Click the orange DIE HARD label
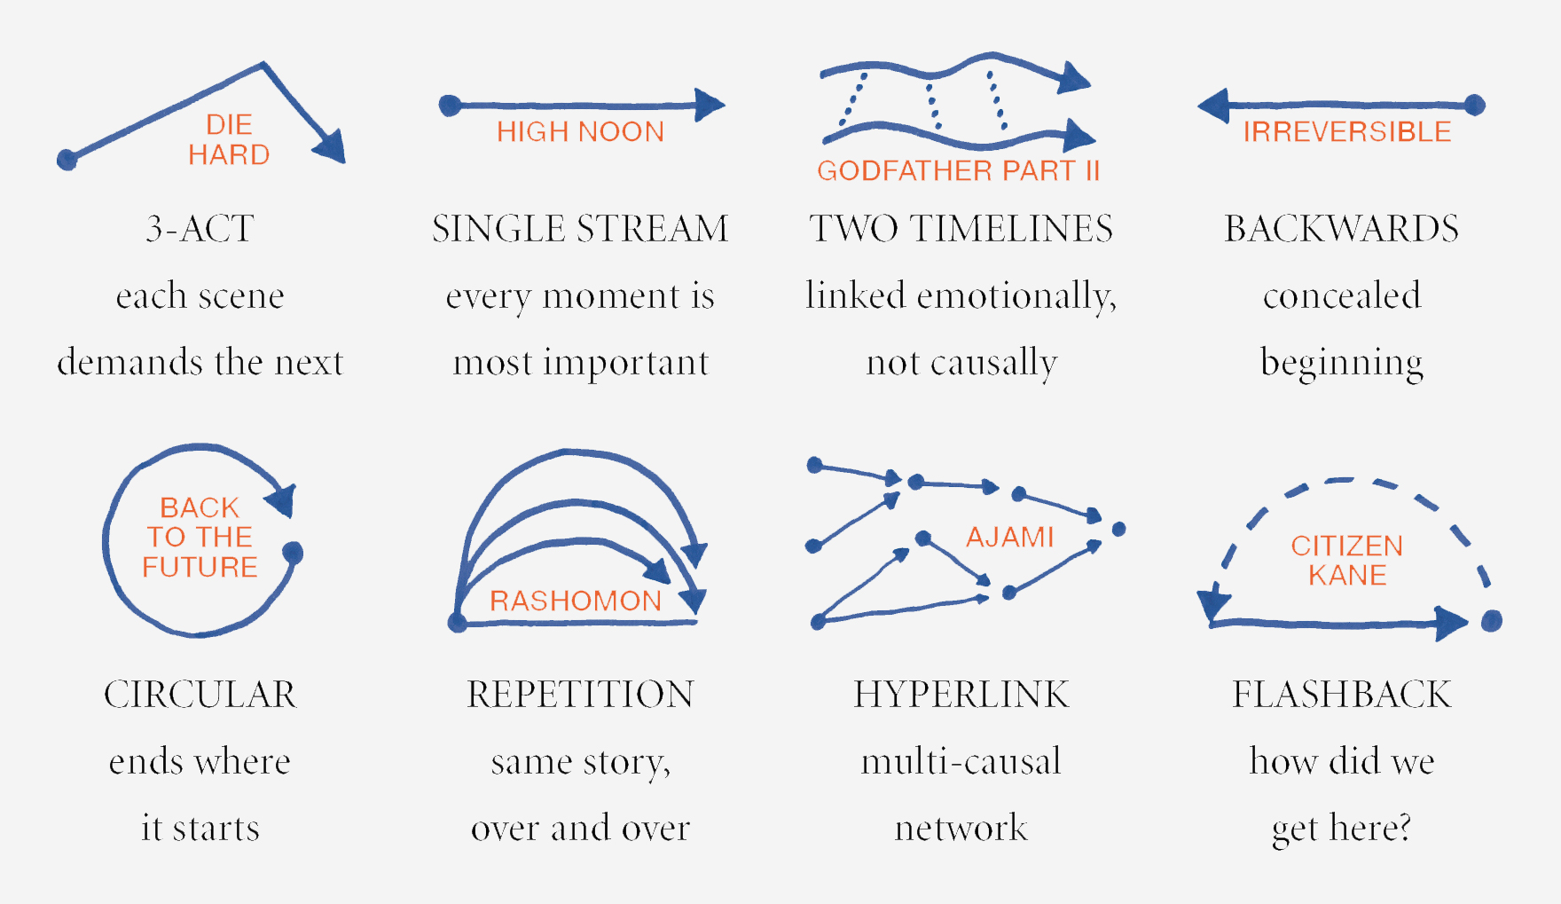pyautogui.click(x=229, y=139)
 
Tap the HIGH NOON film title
pyautogui.click(x=580, y=132)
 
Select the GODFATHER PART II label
pyautogui.click(x=958, y=170)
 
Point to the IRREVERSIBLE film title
pyautogui.click(x=1346, y=132)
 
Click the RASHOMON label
pyautogui.click(x=576, y=601)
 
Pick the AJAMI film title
pyautogui.click(x=1009, y=537)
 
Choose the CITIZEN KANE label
pyautogui.click(x=1346, y=560)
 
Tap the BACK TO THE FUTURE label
pyautogui.click(x=200, y=537)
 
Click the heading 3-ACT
pyautogui.click(x=200, y=229)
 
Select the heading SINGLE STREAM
pyautogui.click(x=580, y=229)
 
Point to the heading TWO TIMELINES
pyautogui.click(x=961, y=229)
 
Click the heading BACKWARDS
pyautogui.click(x=1341, y=229)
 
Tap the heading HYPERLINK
pyautogui.click(x=961, y=694)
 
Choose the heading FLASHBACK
pyautogui.click(x=1341, y=694)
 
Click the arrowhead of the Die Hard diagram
pyautogui.click(x=331, y=147)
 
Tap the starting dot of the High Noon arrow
pyautogui.click(x=450, y=106)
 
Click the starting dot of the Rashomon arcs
pyautogui.click(x=458, y=622)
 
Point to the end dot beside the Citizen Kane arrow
pyautogui.click(x=1492, y=621)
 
